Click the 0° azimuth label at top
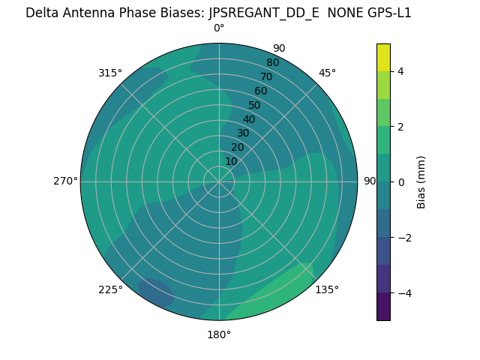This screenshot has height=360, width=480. pos(219,28)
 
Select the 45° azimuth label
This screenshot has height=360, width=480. pos(327,73)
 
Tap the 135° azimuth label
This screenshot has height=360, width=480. pos(327,289)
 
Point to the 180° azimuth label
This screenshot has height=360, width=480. pos(219,334)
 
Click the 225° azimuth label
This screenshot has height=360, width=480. pos(110,289)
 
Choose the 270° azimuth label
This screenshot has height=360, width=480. pos(65,181)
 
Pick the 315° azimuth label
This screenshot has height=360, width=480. pos(110,73)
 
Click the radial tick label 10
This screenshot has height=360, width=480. pos(231,161)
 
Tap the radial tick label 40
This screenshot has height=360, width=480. pos(249,119)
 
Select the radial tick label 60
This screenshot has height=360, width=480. pos(260,91)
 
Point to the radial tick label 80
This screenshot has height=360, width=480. pos(272,63)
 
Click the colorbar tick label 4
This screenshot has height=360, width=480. pos(400,71)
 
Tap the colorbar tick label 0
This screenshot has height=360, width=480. pos(400,182)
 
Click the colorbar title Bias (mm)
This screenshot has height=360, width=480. pos(421,181)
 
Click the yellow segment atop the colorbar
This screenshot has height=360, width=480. pos(383,57)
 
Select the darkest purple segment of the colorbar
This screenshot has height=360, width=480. pos(383,307)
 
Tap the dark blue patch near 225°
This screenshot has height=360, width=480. pos(156,292)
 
